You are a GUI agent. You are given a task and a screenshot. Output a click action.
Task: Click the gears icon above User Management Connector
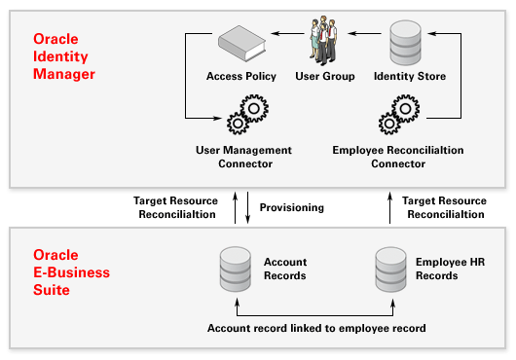point(242,119)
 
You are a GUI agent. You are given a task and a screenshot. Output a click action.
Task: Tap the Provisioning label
point(291,207)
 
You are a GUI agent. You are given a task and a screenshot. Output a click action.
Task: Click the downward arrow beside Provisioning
point(249,207)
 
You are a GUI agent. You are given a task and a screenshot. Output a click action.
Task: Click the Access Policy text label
point(241,76)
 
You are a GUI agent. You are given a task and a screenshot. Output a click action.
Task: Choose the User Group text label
point(324,76)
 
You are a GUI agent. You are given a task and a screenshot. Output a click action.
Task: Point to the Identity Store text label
point(410,76)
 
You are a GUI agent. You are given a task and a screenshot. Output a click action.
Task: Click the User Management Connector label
point(242,157)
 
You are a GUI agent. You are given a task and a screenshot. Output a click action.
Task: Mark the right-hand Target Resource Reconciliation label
point(443,207)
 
